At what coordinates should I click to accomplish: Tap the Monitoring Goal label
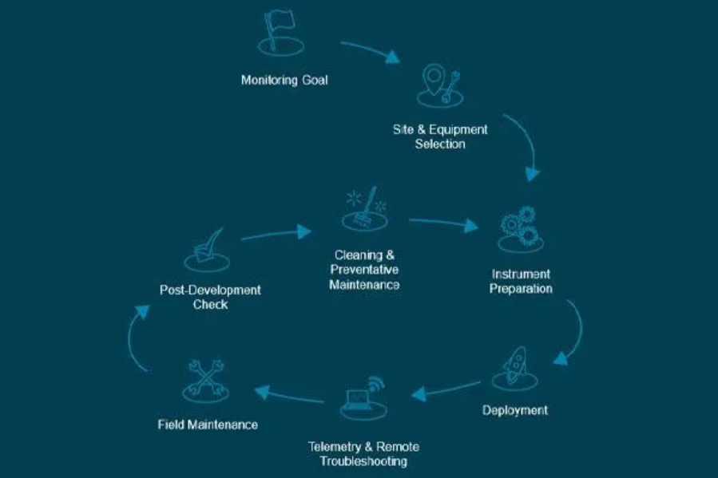[x=284, y=80]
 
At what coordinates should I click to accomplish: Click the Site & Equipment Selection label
[x=440, y=136]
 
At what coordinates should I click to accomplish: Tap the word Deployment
[x=515, y=410]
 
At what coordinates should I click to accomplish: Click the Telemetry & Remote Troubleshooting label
[x=363, y=454]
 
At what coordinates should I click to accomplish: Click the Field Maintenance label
[x=208, y=425]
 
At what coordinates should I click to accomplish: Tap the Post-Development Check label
[x=210, y=297]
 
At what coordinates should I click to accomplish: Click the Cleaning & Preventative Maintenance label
[x=364, y=270]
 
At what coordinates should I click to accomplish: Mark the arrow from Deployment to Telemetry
[x=446, y=389]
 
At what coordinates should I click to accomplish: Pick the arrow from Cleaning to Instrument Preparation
[x=442, y=223]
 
